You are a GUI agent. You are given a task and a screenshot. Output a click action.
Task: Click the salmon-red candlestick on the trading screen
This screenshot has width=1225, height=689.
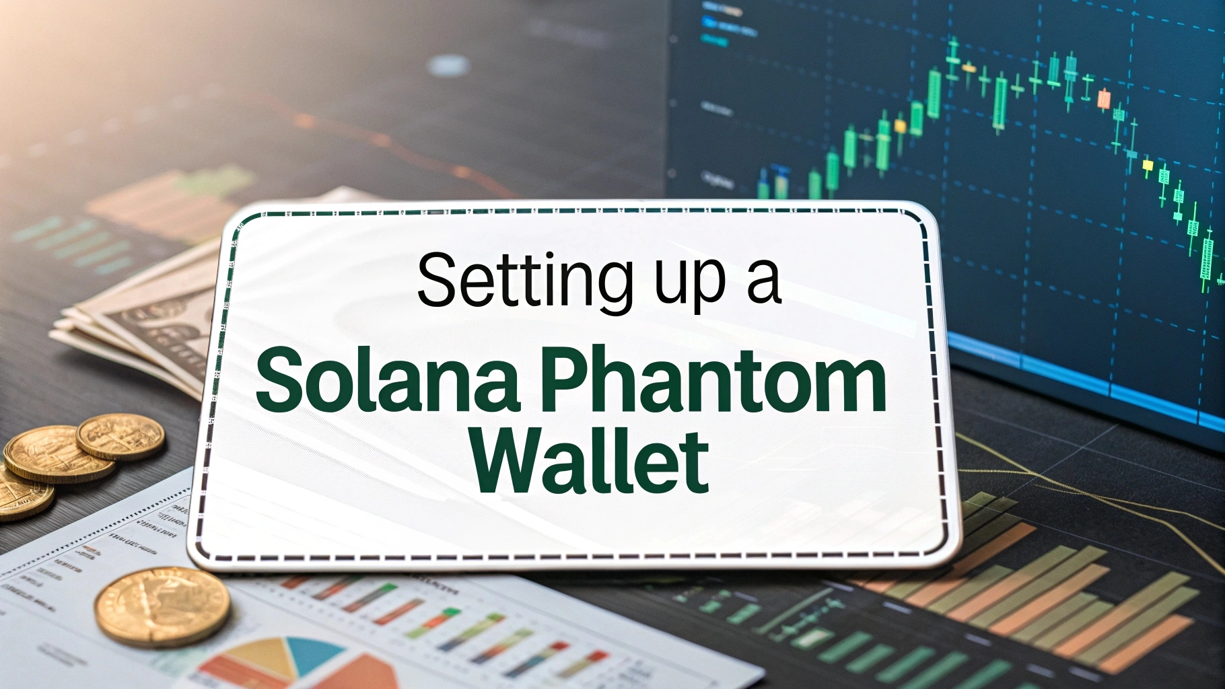[1104, 100]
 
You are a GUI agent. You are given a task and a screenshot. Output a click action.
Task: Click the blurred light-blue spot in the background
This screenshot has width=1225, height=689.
[448, 65]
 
